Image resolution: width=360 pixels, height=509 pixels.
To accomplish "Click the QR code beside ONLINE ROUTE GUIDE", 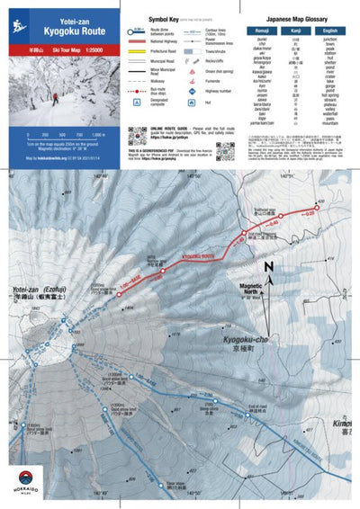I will [x=137, y=137].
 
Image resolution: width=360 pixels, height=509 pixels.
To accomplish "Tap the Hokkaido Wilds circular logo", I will [x=28, y=481].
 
